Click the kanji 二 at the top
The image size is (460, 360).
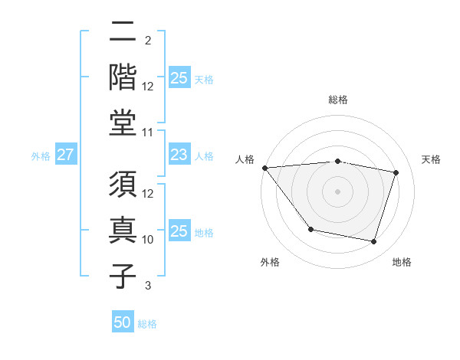coord(123,32)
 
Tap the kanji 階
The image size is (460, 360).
coord(123,77)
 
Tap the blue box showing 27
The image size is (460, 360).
coord(65,155)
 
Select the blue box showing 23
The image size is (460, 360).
coord(179,155)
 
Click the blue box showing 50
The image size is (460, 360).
coord(123,322)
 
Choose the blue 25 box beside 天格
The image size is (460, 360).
coord(179,77)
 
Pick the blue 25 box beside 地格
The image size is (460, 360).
coord(179,231)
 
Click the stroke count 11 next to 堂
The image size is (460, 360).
coord(148,133)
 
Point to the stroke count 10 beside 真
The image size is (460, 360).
coord(148,240)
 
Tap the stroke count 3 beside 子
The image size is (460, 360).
coord(147,286)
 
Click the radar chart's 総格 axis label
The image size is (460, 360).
coord(338,100)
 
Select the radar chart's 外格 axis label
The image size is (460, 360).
coord(270,262)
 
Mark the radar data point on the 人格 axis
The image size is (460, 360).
coord(264,168)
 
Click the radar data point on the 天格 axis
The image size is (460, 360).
coord(396,172)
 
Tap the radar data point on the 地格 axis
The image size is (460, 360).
coord(374,242)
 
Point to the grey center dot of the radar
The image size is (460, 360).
coord(338,191)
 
